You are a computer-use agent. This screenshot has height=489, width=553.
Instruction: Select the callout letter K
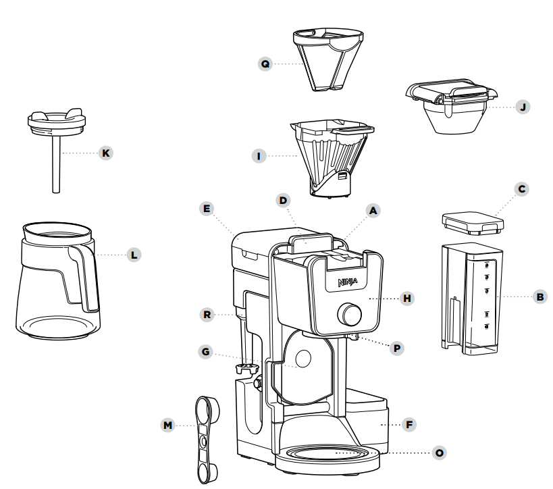click(x=105, y=153)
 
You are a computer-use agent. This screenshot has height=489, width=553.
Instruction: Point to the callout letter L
click(x=134, y=255)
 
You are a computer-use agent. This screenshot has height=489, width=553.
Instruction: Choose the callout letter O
click(x=440, y=452)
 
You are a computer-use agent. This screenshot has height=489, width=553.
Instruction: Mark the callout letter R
click(x=208, y=313)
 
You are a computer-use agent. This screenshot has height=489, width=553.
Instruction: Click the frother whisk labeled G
click(x=247, y=367)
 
